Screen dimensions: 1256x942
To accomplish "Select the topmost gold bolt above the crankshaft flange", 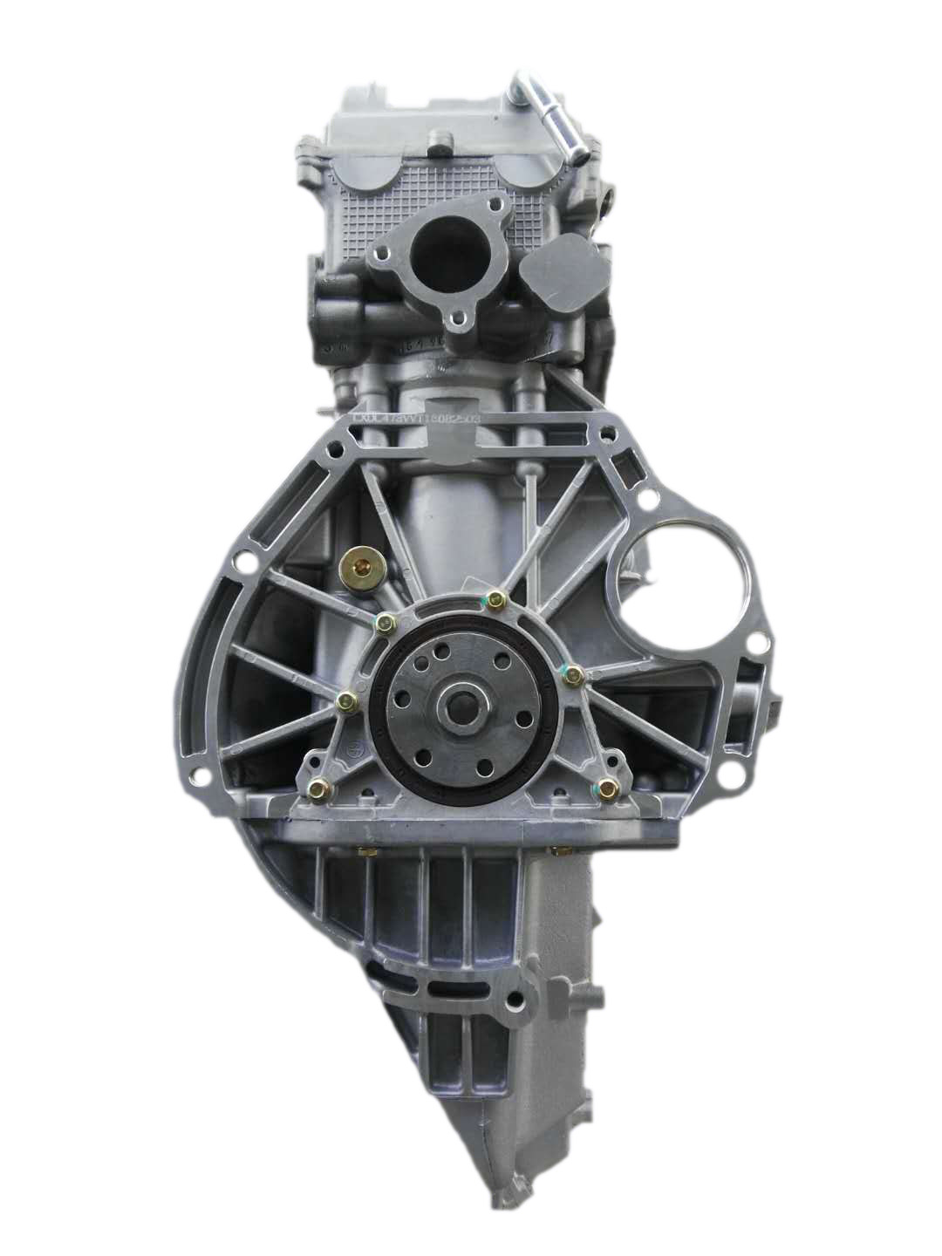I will (x=496, y=599).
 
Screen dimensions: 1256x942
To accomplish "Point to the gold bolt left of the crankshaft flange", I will (x=346, y=700).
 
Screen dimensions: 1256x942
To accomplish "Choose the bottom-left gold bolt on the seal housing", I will (x=317, y=789).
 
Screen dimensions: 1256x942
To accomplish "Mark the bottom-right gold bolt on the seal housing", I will (x=611, y=788).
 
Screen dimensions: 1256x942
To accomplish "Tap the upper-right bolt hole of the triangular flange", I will (x=497, y=206).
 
